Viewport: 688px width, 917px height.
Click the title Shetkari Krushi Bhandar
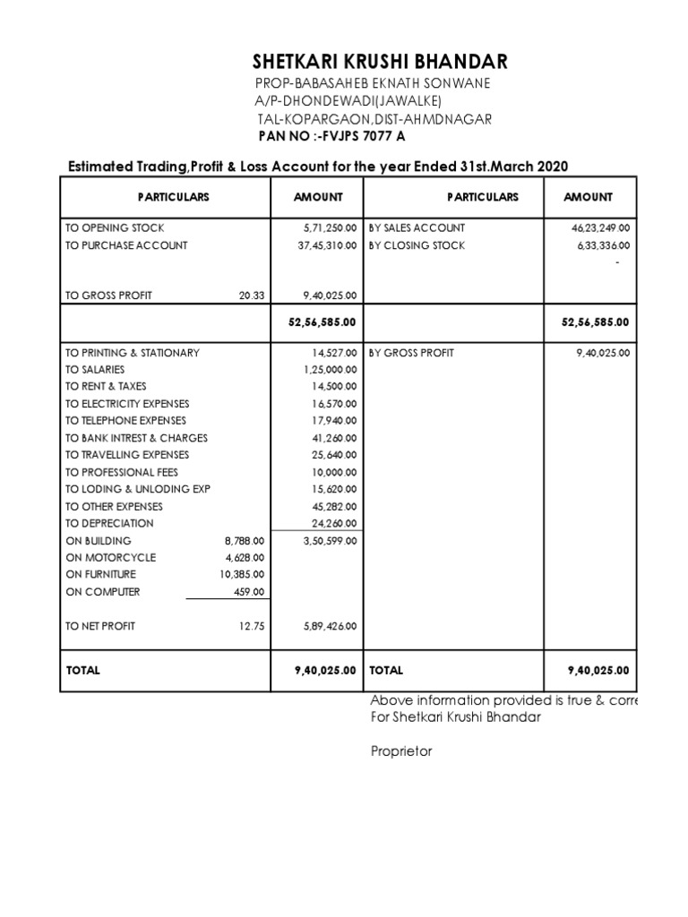click(379, 62)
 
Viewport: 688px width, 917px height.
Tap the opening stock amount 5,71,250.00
click(329, 228)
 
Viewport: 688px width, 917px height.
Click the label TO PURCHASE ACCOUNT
click(126, 245)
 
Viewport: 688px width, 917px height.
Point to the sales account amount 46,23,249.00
click(601, 228)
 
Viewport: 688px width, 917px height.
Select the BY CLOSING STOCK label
click(417, 245)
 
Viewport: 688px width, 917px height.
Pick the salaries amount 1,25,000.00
click(331, 370)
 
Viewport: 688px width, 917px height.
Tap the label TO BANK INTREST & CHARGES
click(136, 438)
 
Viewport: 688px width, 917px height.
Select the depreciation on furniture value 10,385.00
click(242, 575)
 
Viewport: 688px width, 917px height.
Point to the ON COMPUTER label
click(103, 592)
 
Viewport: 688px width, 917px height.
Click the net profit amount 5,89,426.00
click(329, 626)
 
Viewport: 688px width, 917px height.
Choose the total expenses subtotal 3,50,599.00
click(329, 541)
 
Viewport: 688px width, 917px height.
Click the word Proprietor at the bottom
click(401, 751)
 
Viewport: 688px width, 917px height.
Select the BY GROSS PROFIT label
click(411, 353)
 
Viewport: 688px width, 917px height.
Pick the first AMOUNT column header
click(318, 197)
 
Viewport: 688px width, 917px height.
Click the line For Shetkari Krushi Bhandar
click(455, 717)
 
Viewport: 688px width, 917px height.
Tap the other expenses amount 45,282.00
click(335, 506)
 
